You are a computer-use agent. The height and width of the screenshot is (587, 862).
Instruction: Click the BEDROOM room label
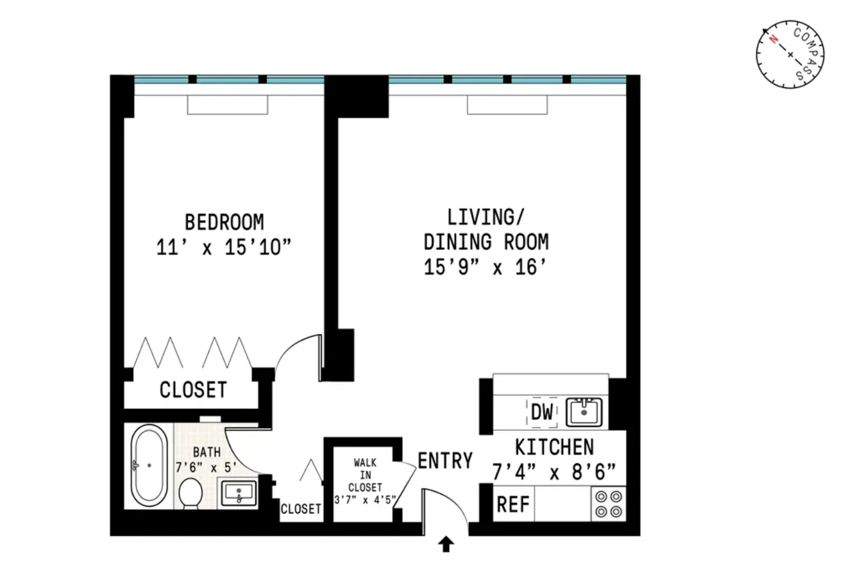coord(224,222)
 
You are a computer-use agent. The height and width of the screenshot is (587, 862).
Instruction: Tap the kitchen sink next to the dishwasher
coord(583,411)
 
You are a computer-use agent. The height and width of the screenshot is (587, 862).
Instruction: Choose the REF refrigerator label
coord(513,505)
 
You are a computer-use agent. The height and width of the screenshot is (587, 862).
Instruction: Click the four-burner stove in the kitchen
coord(607,504)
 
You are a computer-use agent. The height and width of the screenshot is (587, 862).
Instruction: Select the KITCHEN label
coord(554,447)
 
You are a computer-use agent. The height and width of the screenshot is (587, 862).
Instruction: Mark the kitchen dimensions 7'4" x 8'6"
coord(554,474)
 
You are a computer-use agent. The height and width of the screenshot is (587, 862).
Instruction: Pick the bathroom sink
coord(238,494)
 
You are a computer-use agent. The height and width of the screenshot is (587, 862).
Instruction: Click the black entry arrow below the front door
coord(446,545)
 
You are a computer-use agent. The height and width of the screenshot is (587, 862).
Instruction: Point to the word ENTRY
coord(445,461)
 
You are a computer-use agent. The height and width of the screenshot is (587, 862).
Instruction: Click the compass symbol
coord(790,55)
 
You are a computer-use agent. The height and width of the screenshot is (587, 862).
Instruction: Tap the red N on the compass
coord(774,40)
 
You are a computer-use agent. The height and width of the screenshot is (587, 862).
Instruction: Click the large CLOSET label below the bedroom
coord(192,390)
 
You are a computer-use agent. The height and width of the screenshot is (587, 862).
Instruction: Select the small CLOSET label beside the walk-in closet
coord(301,509)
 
